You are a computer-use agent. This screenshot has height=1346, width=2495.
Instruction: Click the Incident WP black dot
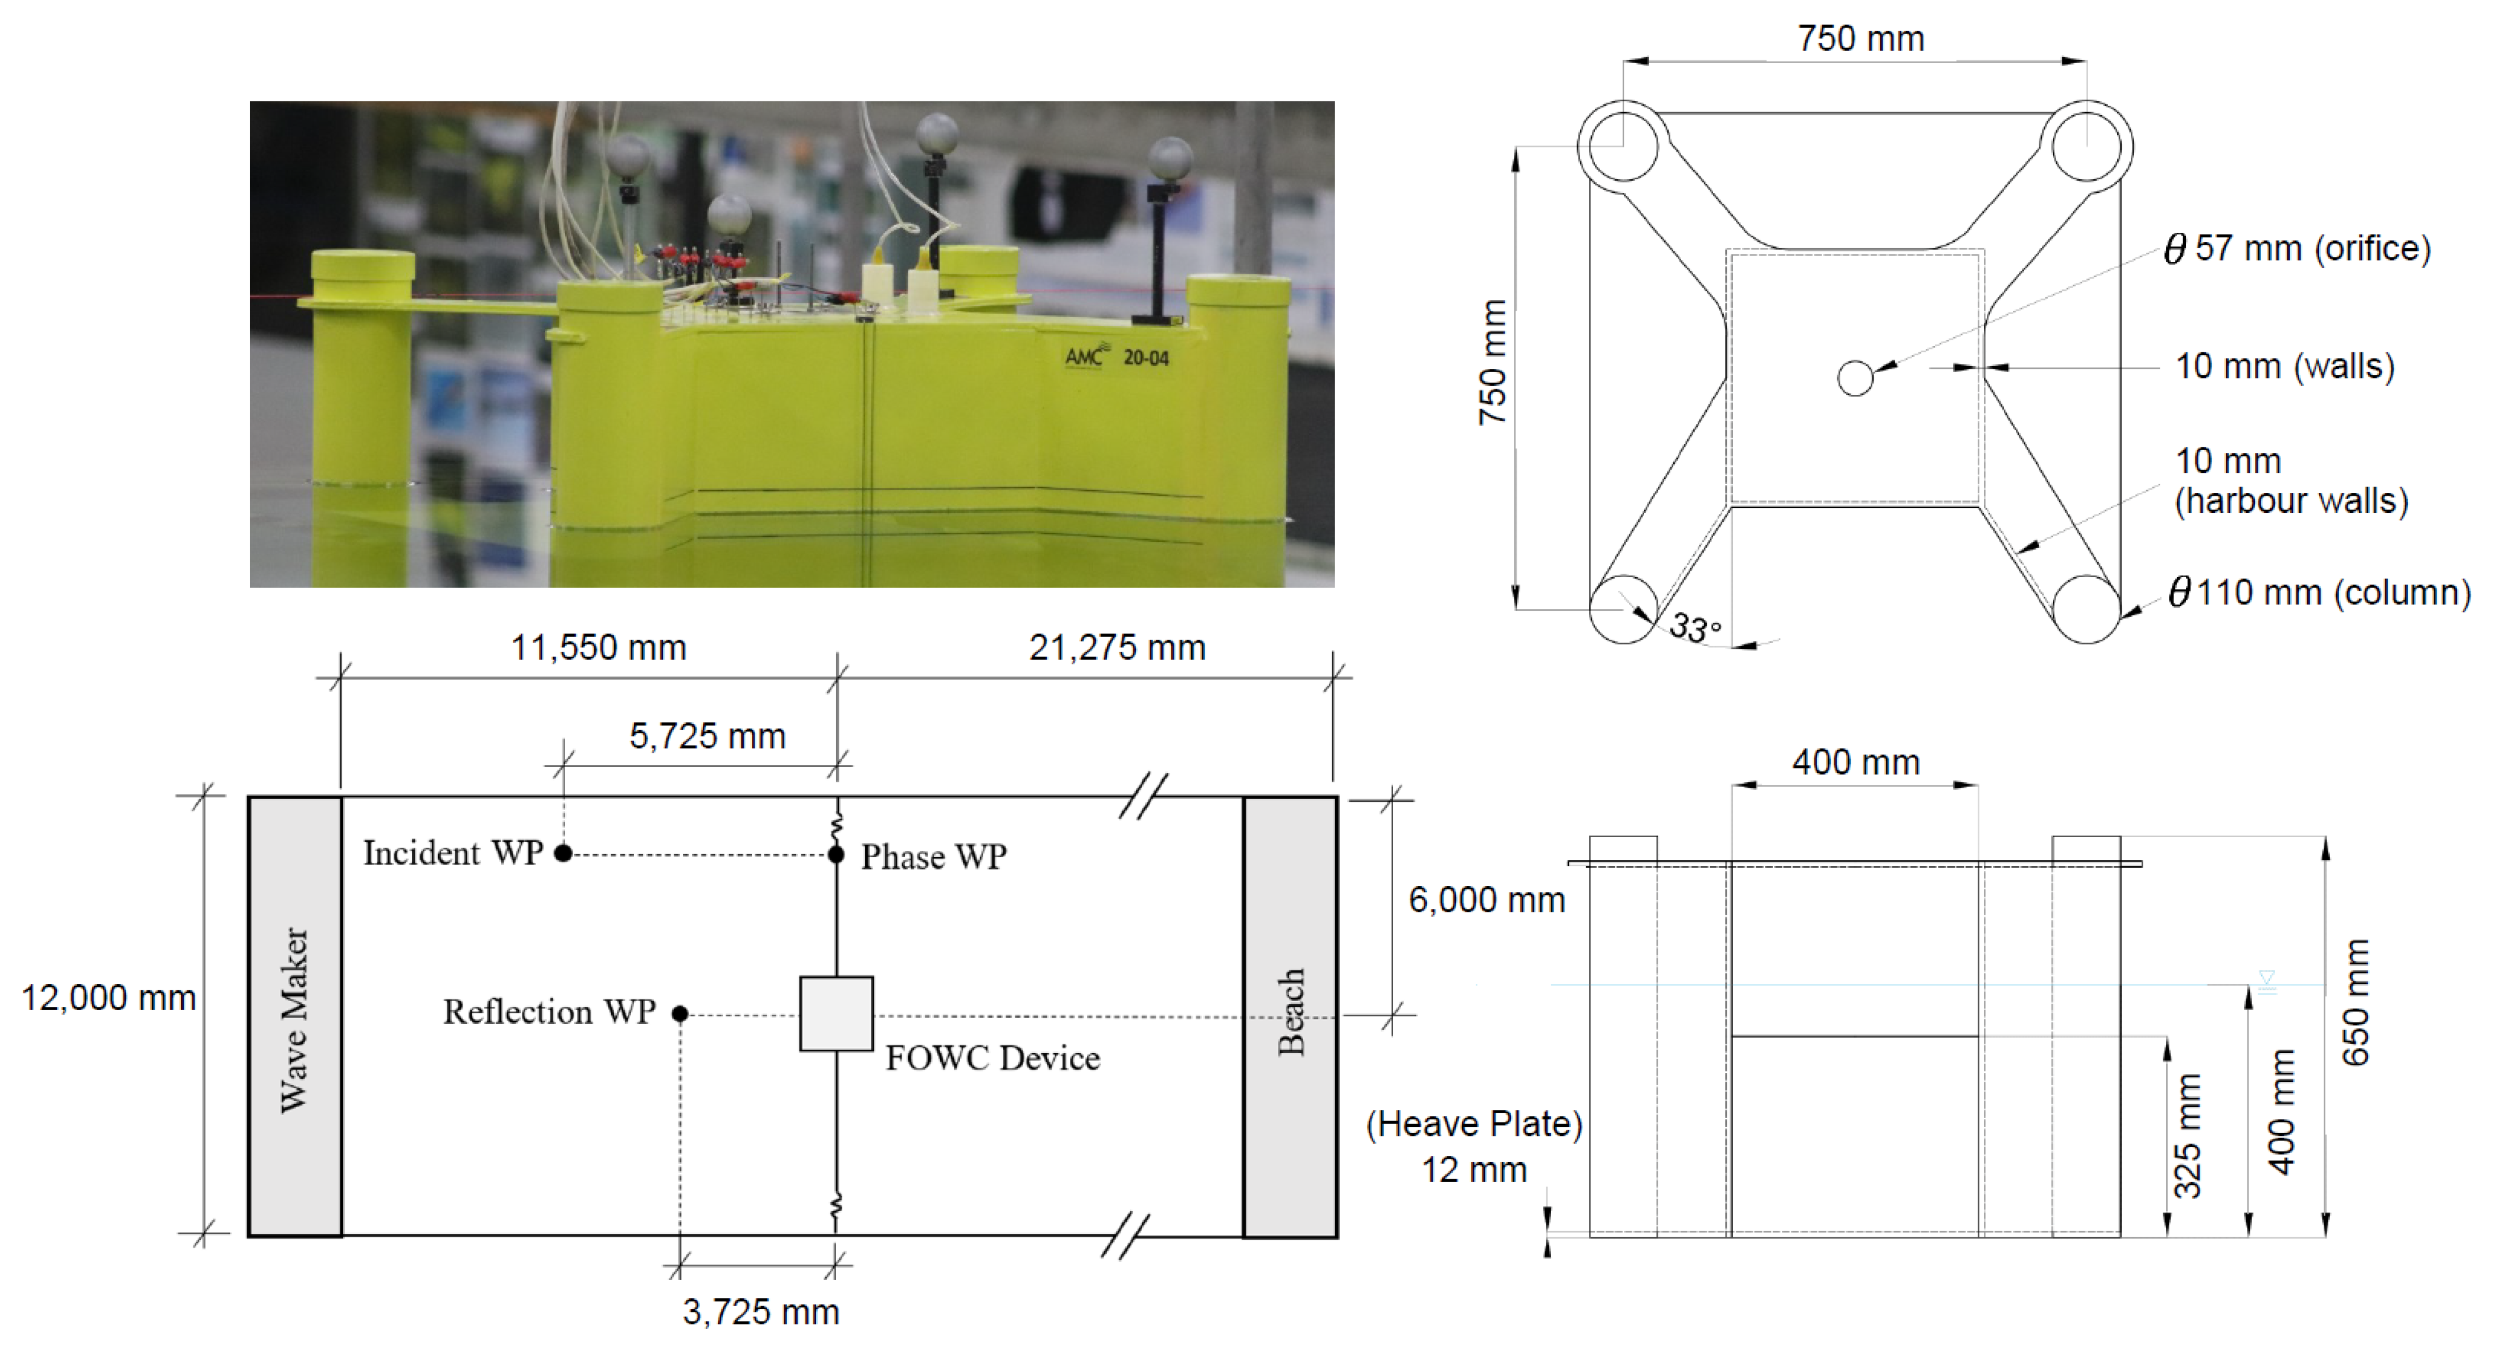click(563, 853)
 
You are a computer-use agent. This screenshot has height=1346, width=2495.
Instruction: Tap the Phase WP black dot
click(836, 854)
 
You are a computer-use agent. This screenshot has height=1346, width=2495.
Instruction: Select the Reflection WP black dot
click(680, 1014)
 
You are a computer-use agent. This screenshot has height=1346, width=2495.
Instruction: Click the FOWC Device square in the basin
click(836, 1014)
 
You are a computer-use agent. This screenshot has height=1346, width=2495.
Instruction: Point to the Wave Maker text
click(294, 1020)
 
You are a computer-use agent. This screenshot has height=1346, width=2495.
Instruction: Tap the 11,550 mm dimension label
click(599, 647)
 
